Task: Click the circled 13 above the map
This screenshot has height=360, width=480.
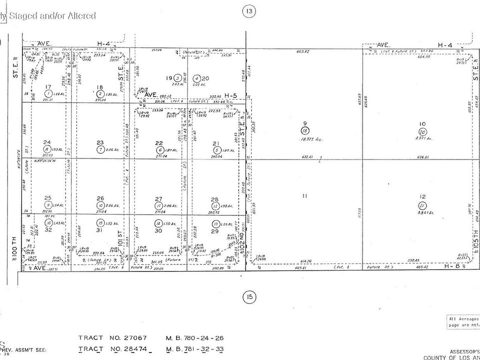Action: (x=248, y=11)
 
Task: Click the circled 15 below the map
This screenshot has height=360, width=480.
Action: (x=248, y=298)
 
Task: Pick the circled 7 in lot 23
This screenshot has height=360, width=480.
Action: (x=100, y=149)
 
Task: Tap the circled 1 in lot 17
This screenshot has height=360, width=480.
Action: (x=48, y=93)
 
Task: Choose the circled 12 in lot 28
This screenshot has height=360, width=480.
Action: (x=215, y=206)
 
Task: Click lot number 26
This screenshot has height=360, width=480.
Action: (x=100, y=198)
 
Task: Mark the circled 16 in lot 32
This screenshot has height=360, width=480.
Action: (x=48, y=223)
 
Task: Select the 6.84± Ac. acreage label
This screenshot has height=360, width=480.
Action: (x=425, y=212)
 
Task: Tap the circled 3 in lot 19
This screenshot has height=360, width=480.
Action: (x=176, y=78)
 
